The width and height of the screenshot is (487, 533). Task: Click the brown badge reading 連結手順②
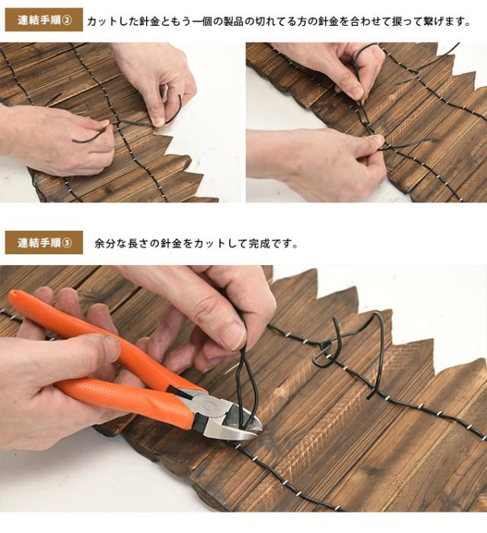click(x=44, y=20)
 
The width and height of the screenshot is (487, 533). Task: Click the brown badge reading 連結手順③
click(x=44, y=243)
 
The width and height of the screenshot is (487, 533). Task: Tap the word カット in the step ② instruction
click(x=103, y=21)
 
